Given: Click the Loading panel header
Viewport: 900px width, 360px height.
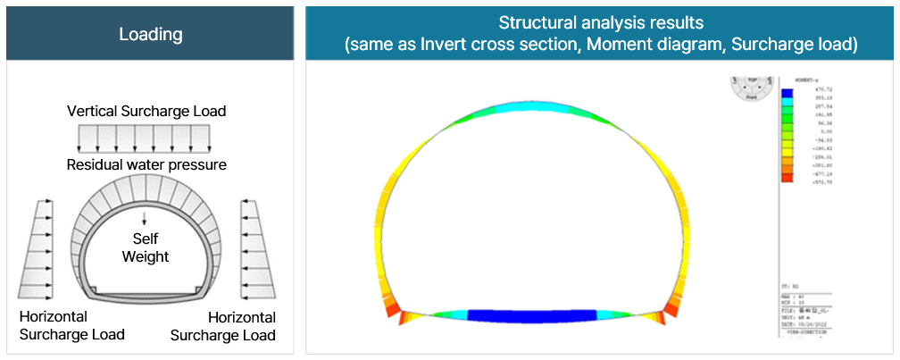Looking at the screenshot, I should click(150, 34).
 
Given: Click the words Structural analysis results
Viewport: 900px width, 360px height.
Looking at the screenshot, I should click(601, 22).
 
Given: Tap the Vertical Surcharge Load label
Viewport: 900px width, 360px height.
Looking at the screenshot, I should click(146, 112).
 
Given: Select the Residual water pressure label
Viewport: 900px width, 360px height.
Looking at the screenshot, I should click(146, 165).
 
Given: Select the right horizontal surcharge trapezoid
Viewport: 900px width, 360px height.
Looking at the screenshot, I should click(257, 249).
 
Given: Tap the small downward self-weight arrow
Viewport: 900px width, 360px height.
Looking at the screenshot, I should click(145, 218).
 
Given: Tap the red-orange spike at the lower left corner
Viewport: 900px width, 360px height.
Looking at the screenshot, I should click(401, 318).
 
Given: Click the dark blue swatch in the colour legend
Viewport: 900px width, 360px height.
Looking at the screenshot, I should click(787, 93).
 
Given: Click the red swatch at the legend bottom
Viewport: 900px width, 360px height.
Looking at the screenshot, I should click(787, 178).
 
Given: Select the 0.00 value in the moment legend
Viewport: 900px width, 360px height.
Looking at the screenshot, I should click(815, 131).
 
